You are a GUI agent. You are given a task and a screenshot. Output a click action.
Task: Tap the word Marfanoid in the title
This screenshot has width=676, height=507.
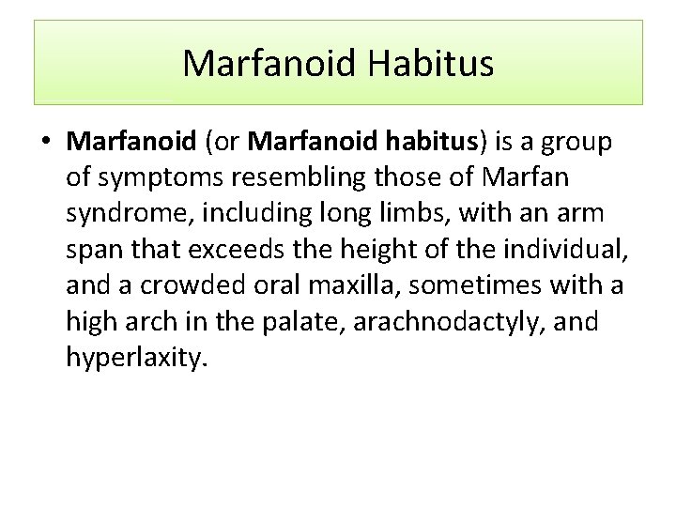tap(269, 64)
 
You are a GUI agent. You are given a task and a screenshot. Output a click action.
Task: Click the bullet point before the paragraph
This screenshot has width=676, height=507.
tap(46, 143)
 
